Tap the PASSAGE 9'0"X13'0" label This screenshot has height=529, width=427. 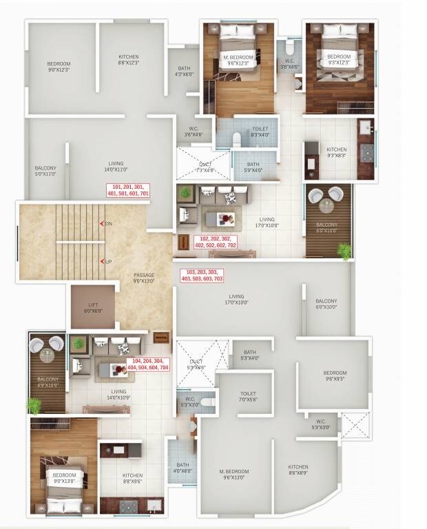(144, 278)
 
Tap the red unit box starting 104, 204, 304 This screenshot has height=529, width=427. (148, 364)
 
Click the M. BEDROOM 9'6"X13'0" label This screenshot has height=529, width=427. (234, 475)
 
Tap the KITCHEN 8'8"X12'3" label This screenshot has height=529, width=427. (128, 60)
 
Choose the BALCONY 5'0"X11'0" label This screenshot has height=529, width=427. (45, 171)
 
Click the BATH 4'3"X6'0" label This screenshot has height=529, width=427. (184, 71)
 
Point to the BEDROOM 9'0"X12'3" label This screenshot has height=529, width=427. (59, 67)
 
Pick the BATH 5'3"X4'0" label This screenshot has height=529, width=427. (249, 354)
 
